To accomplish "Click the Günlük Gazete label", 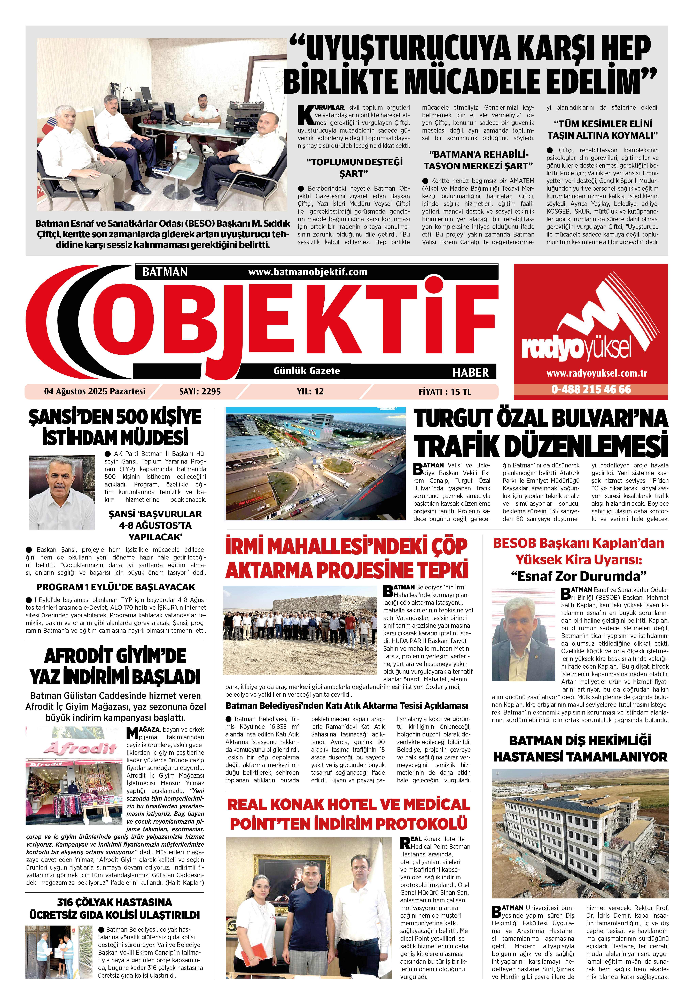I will pos(307,371).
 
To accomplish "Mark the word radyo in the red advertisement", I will pos(550,348).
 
